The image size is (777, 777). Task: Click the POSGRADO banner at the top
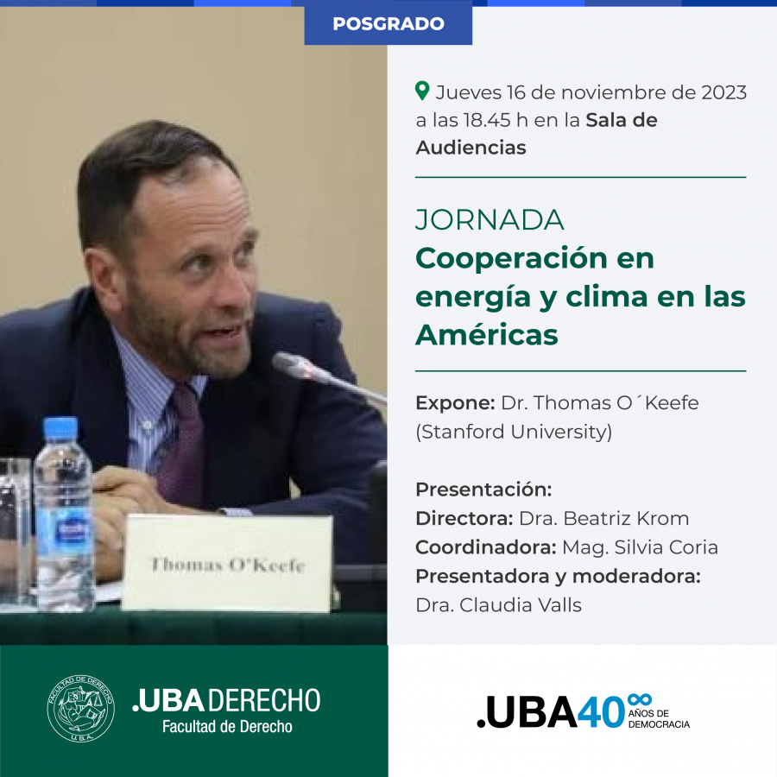click(x=388, y=23)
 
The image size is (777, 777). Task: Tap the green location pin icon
click(x=422, y=92)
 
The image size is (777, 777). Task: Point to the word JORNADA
click(x=490, y=220)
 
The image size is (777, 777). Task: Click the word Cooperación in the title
click(x=510, y=258)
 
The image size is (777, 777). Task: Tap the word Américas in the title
click(x=487, y=335)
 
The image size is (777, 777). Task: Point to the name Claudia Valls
click(x=521, y=605)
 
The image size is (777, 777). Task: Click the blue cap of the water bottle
click(x=60, y=429)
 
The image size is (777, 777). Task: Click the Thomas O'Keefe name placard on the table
click(x=227, y=564)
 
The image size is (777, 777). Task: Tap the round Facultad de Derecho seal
click(x=81, y=708)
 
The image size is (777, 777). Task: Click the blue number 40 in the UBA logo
click(x=601, y=712)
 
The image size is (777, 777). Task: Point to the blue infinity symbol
click(x=639, y=699)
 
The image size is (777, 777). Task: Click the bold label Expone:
click(x=455, y=403)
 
